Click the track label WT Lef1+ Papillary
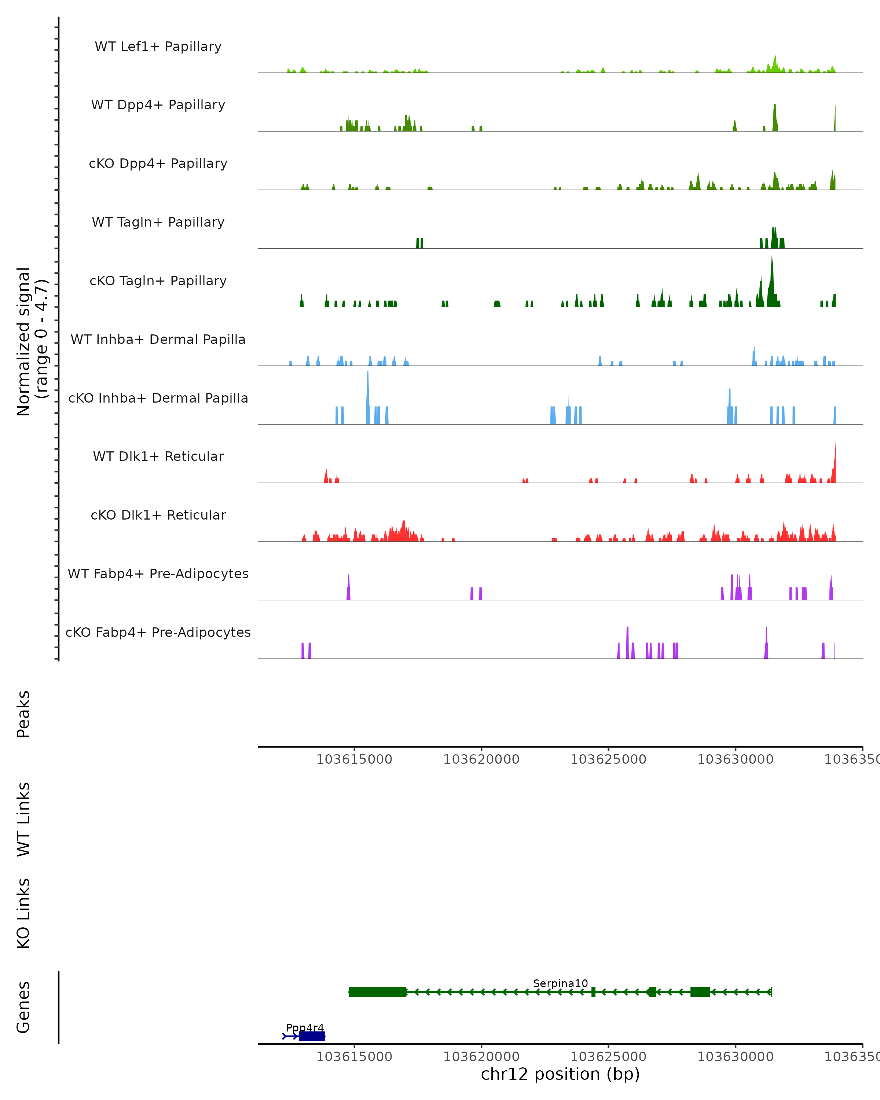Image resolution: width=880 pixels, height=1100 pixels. coord(158,47)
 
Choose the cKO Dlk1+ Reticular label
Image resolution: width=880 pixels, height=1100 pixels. coord(158,515)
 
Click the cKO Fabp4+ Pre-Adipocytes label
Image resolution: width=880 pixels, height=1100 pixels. coord(158,632)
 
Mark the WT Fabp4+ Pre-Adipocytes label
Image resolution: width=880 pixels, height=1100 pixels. coord(158,573)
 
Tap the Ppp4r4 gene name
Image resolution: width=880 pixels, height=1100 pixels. coord(305,1027)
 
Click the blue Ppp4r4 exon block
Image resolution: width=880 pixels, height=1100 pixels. coord(312,1036)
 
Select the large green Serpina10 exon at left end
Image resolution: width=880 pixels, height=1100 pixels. coord(378,992)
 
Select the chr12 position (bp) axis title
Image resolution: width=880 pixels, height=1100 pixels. coord(560,1074)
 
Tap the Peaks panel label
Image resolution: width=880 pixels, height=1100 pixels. coord(23,714)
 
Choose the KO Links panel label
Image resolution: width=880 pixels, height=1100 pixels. coord(23,913)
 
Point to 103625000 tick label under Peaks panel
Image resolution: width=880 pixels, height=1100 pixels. coord(608,759)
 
